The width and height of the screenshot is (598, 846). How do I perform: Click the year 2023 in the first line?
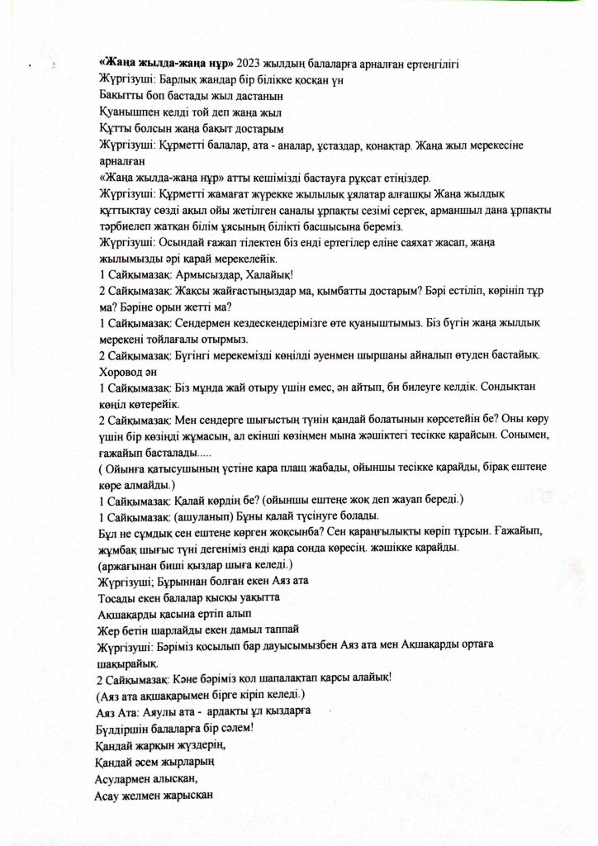pyautogui.click(x=252, y=63)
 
